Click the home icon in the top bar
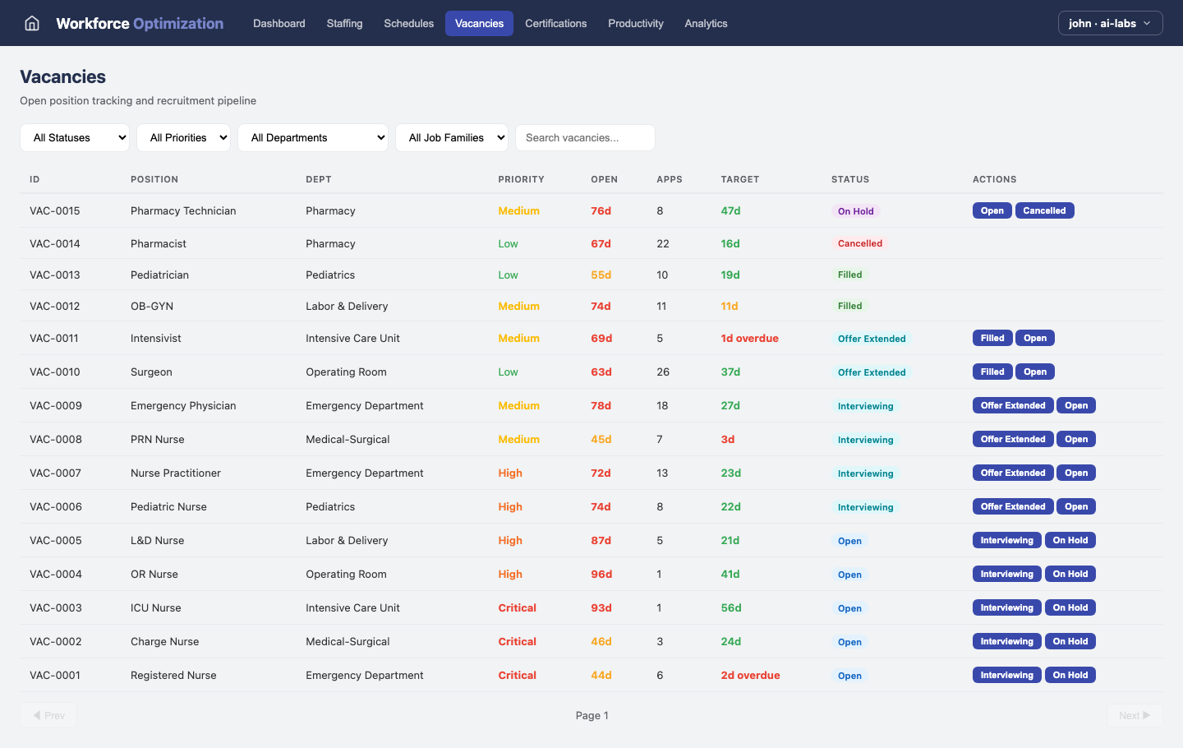[32, 23]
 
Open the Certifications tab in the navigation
[555, 23]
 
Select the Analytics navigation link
[706, 23]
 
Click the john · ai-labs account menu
[1110, 23]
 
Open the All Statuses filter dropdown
[75, 138]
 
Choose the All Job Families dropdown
[451, 138]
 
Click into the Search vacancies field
[584, 138]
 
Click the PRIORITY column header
[521, 179]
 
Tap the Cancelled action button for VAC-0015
[1044, 210]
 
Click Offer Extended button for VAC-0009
[1012, 405]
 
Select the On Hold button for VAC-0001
[1070, 675]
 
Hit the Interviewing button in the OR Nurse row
[1006, 574]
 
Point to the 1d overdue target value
[749, 338]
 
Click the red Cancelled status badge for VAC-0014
[859, 243]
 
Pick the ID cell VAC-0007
[56, 473]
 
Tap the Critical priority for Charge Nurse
[517, 641]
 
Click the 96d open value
[601, 574]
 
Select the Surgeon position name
[151, 372]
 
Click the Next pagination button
[1134, 715]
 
